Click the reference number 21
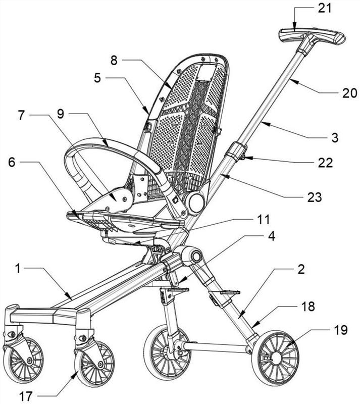(325, 9)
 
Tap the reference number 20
(349, 93)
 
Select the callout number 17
(26, 396)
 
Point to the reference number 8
(114, 60)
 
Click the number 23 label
(315, 197)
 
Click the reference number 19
(341, 330)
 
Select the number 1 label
(17, 269)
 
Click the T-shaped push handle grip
(312, 37)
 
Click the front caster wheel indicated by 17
(94, 364)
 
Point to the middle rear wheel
(168, 350)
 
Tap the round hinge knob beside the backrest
(197, 203)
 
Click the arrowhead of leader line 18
(255, 325)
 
